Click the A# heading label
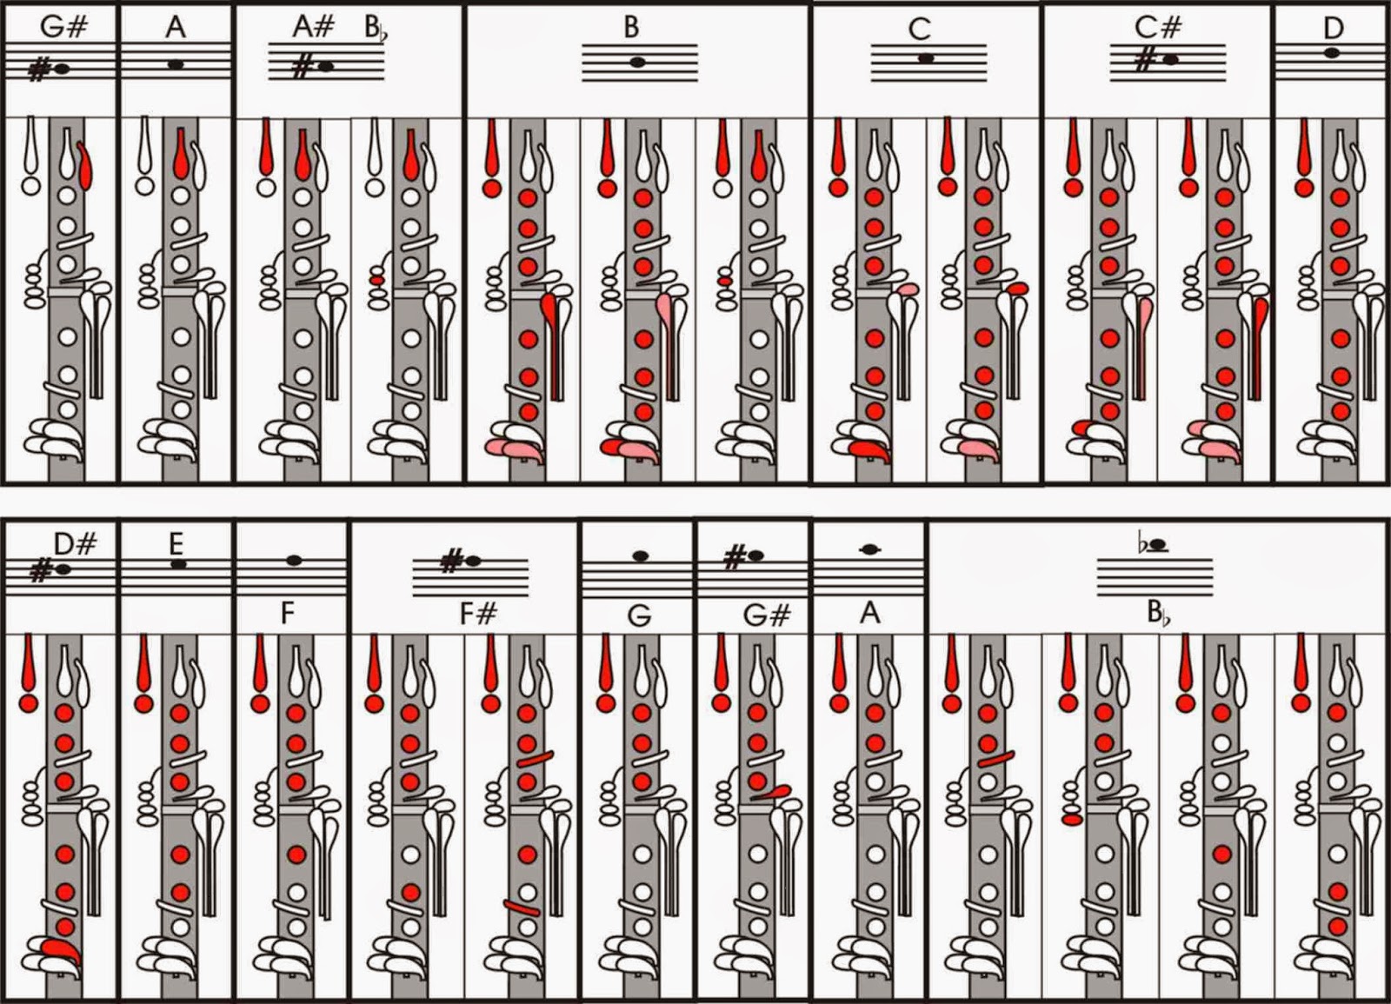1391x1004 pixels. pos(313,26)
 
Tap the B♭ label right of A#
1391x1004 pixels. pos(373,29)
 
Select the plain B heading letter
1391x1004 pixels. pos(631,27)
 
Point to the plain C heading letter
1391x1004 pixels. pos(919,30)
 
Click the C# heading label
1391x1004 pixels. pos(1158,28)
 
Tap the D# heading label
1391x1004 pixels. pos(75,545)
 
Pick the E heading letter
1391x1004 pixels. pos(176,544)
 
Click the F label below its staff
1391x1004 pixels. pos(288,614)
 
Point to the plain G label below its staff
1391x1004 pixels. pos(639,615)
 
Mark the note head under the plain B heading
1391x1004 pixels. pos(638,62)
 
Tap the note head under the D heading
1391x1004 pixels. pos(1332,53)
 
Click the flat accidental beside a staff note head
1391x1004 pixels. pos(1142,545)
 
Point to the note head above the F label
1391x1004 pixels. pos(294,561)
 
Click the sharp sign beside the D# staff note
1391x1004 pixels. pos(40,571)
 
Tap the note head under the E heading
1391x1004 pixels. pos(179,564)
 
